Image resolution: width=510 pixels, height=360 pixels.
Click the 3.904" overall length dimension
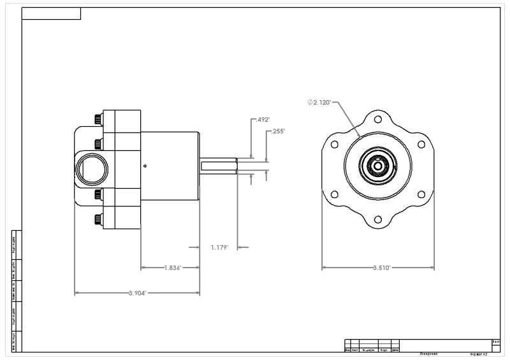137,293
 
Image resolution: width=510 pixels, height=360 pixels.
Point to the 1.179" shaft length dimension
219,247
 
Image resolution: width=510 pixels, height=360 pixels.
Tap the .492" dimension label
262,119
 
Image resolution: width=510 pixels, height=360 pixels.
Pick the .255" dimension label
278,131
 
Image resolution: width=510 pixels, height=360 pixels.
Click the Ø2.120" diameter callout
319,103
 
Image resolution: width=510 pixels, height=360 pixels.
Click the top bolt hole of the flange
378,119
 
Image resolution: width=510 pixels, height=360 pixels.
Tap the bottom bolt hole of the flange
378,219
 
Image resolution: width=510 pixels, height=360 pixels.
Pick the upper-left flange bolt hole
335,144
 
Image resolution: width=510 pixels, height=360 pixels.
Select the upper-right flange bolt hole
421,144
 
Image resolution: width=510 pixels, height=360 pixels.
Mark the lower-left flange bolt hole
335,195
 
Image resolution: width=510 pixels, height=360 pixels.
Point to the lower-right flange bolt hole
421,195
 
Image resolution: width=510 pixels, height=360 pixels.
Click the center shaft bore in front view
378,166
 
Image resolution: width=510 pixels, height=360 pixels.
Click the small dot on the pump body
145,166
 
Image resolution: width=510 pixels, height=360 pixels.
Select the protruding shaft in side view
218,166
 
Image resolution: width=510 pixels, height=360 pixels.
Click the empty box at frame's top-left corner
51,13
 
